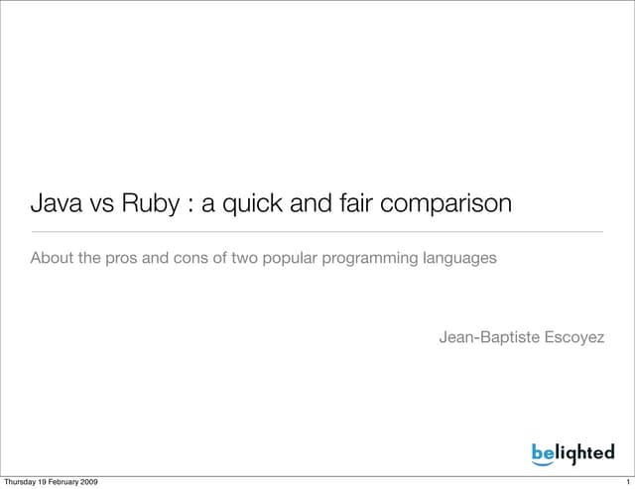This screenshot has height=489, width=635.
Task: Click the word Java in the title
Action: [57, 205]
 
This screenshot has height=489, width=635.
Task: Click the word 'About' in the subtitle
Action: [53, 259]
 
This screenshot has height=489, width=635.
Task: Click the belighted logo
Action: [572, 452]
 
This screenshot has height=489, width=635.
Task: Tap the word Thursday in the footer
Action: [24, 482]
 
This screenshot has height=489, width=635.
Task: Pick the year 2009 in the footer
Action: [85, 482]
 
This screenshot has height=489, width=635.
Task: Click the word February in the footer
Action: [59, 482]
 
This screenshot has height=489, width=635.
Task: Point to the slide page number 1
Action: [628, 482]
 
